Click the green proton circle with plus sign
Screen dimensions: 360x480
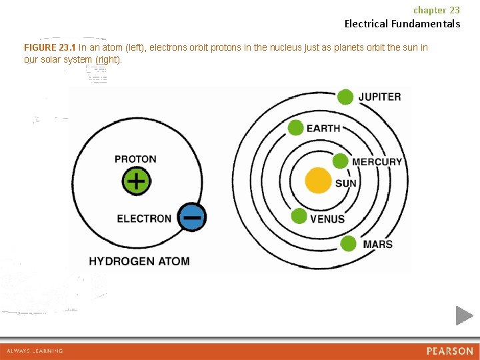click(136, 181)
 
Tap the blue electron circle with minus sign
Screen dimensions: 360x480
click(192, 217)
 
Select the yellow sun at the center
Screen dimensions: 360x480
click(318, 181)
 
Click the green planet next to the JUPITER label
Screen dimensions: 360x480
click(345, 97)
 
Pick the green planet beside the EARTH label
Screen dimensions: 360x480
click(296, 127)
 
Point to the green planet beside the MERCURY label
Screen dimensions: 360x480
click(340, 161)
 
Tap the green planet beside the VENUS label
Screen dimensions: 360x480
click(299, 216)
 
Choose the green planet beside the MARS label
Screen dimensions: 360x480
click(348, 244)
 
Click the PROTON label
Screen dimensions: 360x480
click(135, 159)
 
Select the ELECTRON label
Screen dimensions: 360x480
click(144, 219)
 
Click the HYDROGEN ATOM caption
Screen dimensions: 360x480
click(139, 261)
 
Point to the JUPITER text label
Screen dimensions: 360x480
click(380, 97)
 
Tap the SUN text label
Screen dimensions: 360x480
click(345, 183)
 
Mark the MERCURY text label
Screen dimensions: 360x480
click(377, 162)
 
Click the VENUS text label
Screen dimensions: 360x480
click(327, 219)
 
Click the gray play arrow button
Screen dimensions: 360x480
click(464, 315)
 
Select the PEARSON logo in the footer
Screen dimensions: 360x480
click(449, 351)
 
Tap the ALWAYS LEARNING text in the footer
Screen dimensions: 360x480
click(35, 351)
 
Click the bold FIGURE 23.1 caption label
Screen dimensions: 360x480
click(50, 47)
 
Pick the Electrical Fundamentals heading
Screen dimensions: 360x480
click(402, 24)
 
